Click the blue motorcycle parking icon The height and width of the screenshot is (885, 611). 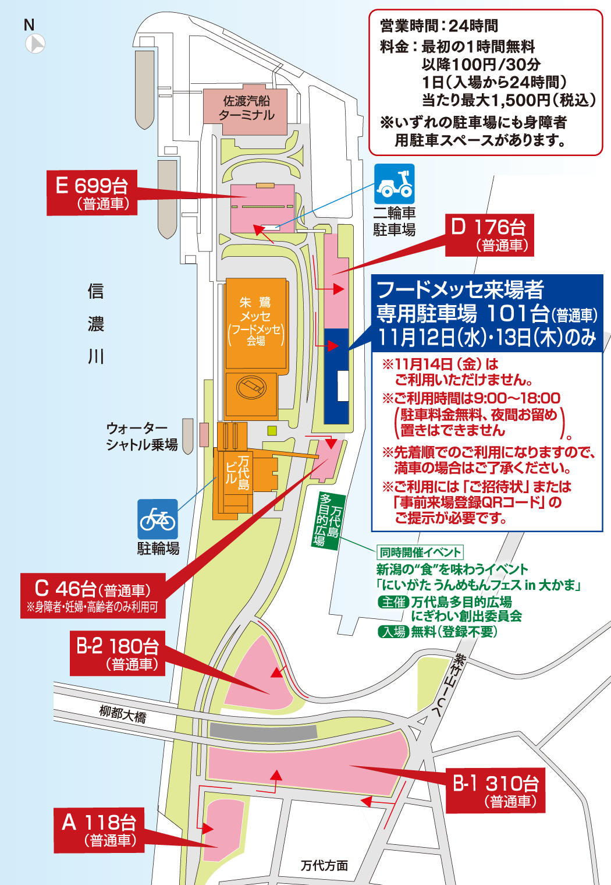pos(394,183)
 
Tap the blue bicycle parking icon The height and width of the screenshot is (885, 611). pos(157,519)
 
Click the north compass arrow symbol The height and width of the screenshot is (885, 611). pos(35,44)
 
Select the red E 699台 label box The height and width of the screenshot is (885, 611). pos(92,193)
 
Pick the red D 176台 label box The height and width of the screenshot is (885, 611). pos(489,235)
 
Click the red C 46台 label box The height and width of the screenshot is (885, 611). pos(93,595)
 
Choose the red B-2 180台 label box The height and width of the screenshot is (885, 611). pos(117,653)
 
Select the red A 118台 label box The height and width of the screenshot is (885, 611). pos(98,830)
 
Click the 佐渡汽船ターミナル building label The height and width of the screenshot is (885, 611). pos(246,108)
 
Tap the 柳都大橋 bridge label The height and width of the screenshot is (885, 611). pos(123,713)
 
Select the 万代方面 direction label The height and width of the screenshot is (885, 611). pos(324,866)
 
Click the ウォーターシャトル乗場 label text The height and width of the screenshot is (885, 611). pos(141,437)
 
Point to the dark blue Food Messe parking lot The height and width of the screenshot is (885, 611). pos(336,376)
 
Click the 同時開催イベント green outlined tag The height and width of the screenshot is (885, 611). pos(420,552)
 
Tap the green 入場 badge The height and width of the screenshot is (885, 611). pos(393,632)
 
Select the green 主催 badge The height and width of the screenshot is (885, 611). pos(393,602)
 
